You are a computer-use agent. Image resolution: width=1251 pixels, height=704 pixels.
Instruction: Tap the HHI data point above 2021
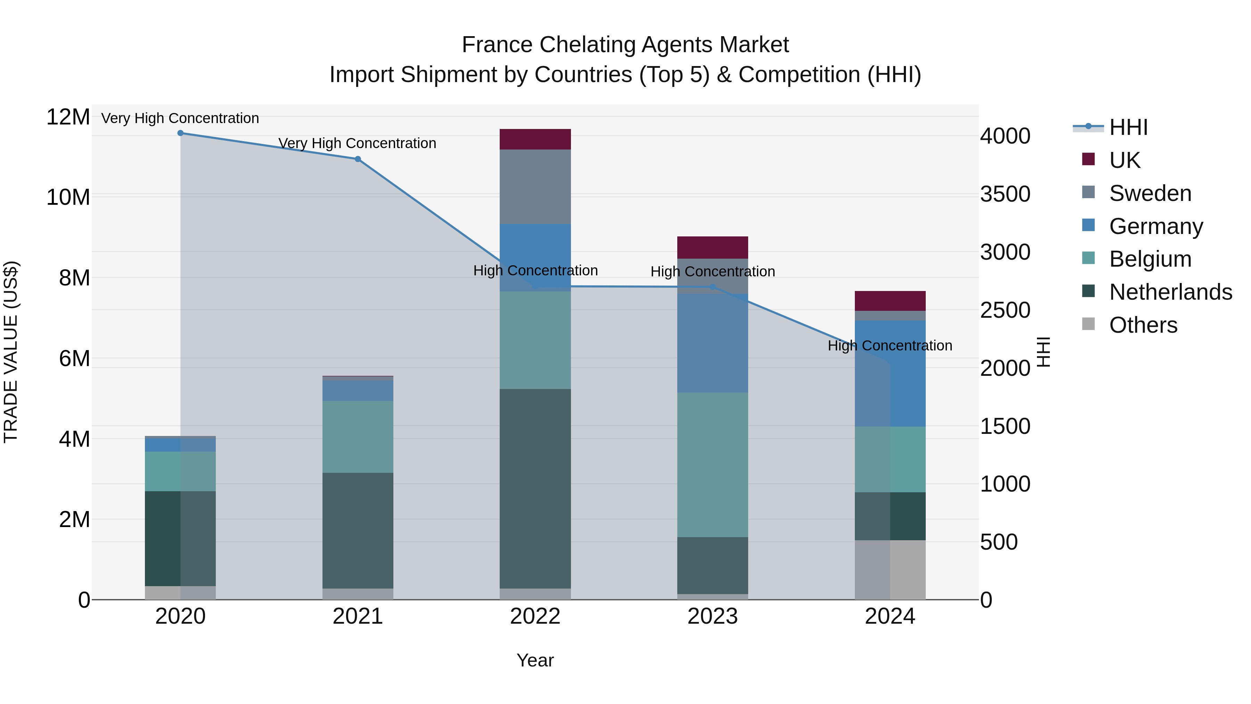coord(358,159)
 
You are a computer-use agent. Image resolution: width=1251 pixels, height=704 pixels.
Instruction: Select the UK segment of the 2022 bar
coord(535,139)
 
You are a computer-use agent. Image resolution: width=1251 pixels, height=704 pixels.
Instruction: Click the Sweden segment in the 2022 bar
coord(535,187)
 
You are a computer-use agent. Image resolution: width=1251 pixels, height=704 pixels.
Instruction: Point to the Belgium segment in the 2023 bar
coord(712,464)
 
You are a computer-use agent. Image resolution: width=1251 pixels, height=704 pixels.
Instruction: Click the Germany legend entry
coord(1156,226)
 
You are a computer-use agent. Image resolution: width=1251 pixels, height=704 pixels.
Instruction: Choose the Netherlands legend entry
coord(1170,292)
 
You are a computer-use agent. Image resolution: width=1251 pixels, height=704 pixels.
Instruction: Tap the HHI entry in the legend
coord(1128,127)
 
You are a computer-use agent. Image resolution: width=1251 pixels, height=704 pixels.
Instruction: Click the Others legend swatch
coord(1088,324)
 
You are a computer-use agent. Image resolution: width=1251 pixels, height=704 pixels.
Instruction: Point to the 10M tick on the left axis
coord(68,197)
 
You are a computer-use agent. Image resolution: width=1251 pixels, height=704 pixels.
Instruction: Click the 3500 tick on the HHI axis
coord(1005,194)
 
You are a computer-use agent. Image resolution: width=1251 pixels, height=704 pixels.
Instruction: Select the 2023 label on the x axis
coord(712,616)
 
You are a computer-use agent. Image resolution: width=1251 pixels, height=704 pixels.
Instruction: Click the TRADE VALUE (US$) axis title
coord(11,352)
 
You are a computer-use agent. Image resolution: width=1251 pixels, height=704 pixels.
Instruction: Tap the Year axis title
coord(535,660)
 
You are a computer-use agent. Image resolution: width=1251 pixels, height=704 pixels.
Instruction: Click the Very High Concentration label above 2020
coord(180,118)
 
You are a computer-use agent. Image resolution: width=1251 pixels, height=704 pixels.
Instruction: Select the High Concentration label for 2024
coord(890,346)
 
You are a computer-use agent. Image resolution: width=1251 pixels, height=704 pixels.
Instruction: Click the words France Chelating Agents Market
coord(625,45)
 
